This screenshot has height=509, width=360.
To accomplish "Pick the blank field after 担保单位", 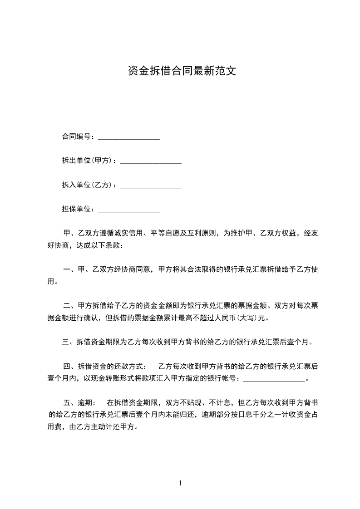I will tap(129, 210).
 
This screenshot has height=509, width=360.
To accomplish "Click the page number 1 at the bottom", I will tap(180, 483).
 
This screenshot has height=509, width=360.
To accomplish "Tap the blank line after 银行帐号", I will tap(275, 379).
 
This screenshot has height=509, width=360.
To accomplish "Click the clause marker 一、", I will tap(69, 269).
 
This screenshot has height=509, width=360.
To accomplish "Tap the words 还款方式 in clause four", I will tap(129, 366).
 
